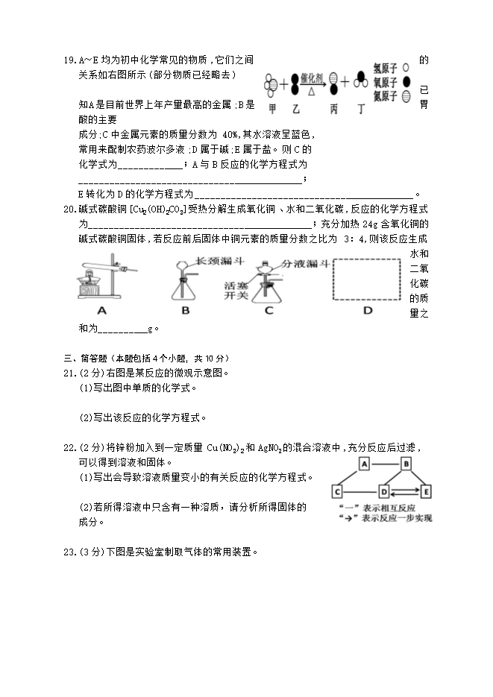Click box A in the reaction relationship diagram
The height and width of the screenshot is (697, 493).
tap(365, 464)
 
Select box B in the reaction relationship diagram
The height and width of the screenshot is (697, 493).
tap(406, 464)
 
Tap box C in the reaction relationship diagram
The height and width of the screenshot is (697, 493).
tap(338, 491)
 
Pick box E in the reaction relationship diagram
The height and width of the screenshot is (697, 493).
tap(426, 491)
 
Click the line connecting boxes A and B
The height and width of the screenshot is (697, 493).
tap(386, 464)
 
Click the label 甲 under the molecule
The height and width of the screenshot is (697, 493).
tap(272, 109)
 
